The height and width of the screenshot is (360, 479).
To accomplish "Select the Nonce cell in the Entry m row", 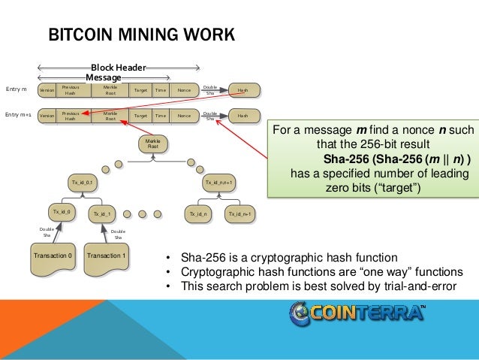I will pyautogui.click(x=183, y=90).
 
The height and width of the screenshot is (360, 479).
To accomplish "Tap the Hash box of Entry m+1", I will pyautogui.click(x=243, y=116).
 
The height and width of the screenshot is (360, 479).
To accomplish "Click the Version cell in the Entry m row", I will pyautogui.click(x=47, y=90).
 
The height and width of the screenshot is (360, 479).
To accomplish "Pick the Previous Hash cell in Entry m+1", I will pyautogui.click(x=71, y=116).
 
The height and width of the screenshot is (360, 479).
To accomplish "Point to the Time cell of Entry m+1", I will pyautogui.click(x=160, y=116).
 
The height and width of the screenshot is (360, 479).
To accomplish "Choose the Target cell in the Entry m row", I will pyautogui.click(x=140, y=90).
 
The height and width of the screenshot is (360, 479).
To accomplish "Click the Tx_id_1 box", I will pyautogui.click(x=102, y=214).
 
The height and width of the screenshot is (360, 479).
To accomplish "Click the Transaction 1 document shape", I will pyautogui.click(x=106, y=255).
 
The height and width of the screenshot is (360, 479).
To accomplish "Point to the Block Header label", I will pyautogui.click(x=118, y=67).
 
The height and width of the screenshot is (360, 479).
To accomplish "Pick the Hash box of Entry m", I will pyautogui.click(x=243, y=90).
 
